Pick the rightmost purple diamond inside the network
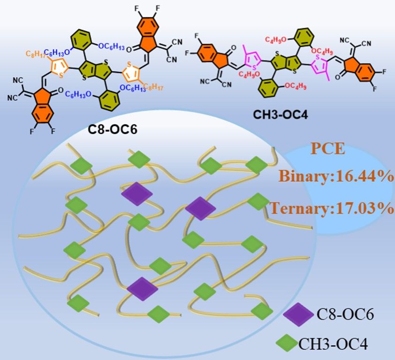201,208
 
